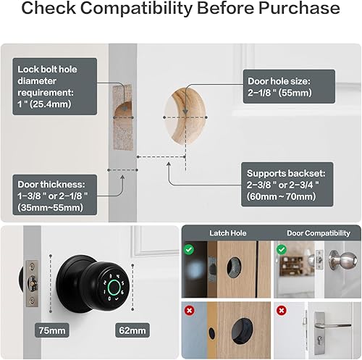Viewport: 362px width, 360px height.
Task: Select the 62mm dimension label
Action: coord(132,330)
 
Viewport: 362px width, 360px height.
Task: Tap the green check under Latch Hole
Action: coord(188,249)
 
